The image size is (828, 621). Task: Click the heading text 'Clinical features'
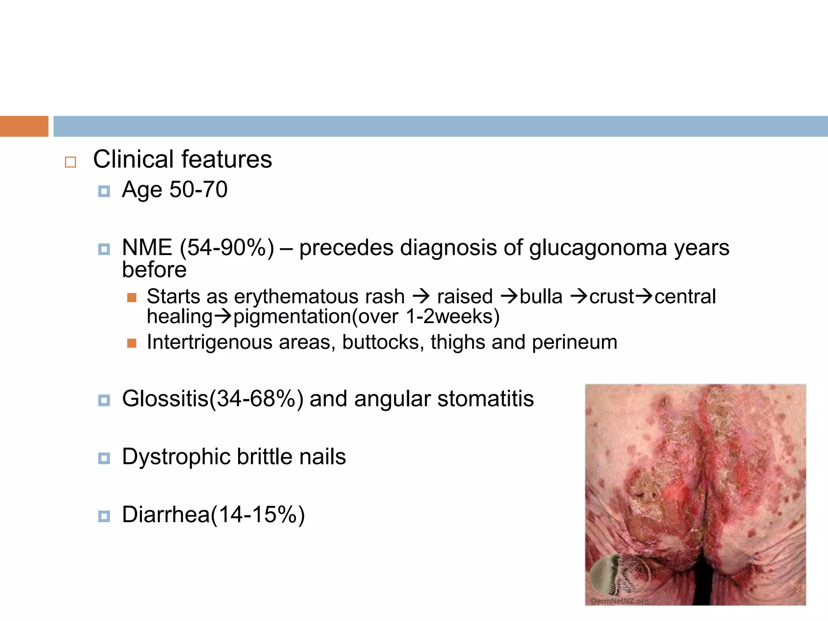point(182,159)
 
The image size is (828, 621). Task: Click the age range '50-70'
point(198,189)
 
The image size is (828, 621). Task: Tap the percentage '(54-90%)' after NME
point(227,247)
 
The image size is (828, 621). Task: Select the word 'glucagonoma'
point(598,247)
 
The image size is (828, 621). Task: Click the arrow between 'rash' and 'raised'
point(421,296)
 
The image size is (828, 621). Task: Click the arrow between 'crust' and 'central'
point(644,296)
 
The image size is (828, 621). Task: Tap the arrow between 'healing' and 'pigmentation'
point(223,316)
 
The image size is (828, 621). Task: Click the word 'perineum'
point(575,342)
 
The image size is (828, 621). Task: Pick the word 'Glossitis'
point(165,399)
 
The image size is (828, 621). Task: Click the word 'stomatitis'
point(486,399)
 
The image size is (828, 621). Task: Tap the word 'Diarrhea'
point(166,515)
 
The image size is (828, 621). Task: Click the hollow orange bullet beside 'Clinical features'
point(70,162)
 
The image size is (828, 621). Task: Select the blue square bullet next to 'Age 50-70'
point(104,191)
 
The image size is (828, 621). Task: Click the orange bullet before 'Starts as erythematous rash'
point(131,298)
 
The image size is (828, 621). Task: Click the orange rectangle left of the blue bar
point(24,126)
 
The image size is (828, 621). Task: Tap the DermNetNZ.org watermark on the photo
point(619,601)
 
